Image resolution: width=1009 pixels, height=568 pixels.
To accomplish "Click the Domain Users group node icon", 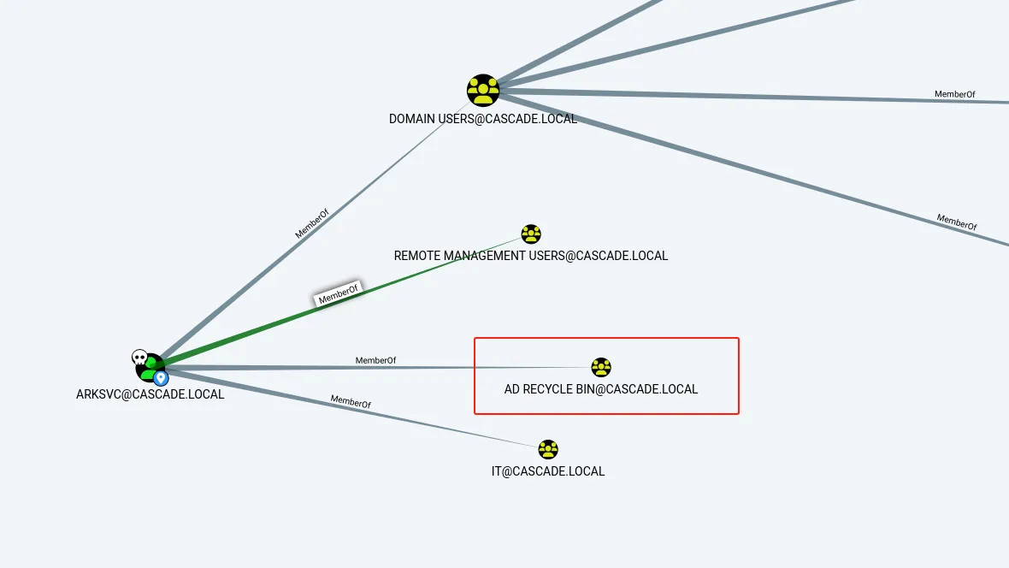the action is pyautogui.click(x=483, y=90).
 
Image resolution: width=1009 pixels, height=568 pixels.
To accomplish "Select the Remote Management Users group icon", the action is pyautogui.click(x=531, y=234).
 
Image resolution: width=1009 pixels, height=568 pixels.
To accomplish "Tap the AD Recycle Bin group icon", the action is pyautogui.click(x=601, y=367).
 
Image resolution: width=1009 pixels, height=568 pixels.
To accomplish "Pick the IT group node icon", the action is pyautogui.click(x=548, y=449).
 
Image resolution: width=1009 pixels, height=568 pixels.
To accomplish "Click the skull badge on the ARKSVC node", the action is pyautogui.click(x=139, y=358).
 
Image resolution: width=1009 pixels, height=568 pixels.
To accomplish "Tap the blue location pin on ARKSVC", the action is pyautogui.click(x=161, y=378).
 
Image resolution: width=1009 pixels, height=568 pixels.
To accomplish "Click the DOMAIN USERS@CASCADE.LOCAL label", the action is pyautogui.click(x=483, y=119).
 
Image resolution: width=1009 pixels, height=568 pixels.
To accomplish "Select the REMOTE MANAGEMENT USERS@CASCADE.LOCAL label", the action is pyautogui.click(x=531, y=256).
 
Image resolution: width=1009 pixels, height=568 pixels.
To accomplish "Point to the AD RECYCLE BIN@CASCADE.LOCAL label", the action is pyautogui.click(x=601, y=389).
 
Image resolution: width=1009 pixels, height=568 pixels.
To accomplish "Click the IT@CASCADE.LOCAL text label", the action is pyautogui.click(x=548, y=471).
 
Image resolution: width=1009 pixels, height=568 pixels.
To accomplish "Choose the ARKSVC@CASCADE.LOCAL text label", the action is pyautogui.click(x=150, y=394).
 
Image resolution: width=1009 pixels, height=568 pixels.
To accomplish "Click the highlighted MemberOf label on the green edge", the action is pyautogui.click(x=339, y=293).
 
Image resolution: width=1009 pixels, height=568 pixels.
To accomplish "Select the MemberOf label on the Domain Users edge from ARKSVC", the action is pyautogui.click(x=312, y=223).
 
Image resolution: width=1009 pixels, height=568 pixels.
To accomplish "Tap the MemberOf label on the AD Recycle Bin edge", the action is pyautogui.click(x=375, y=361).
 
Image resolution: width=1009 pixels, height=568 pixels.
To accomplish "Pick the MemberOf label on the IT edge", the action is pyautogui.click(x=351, y=402).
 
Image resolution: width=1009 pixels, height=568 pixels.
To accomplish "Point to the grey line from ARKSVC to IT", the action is pyautogui.click(x=351, y=408).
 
